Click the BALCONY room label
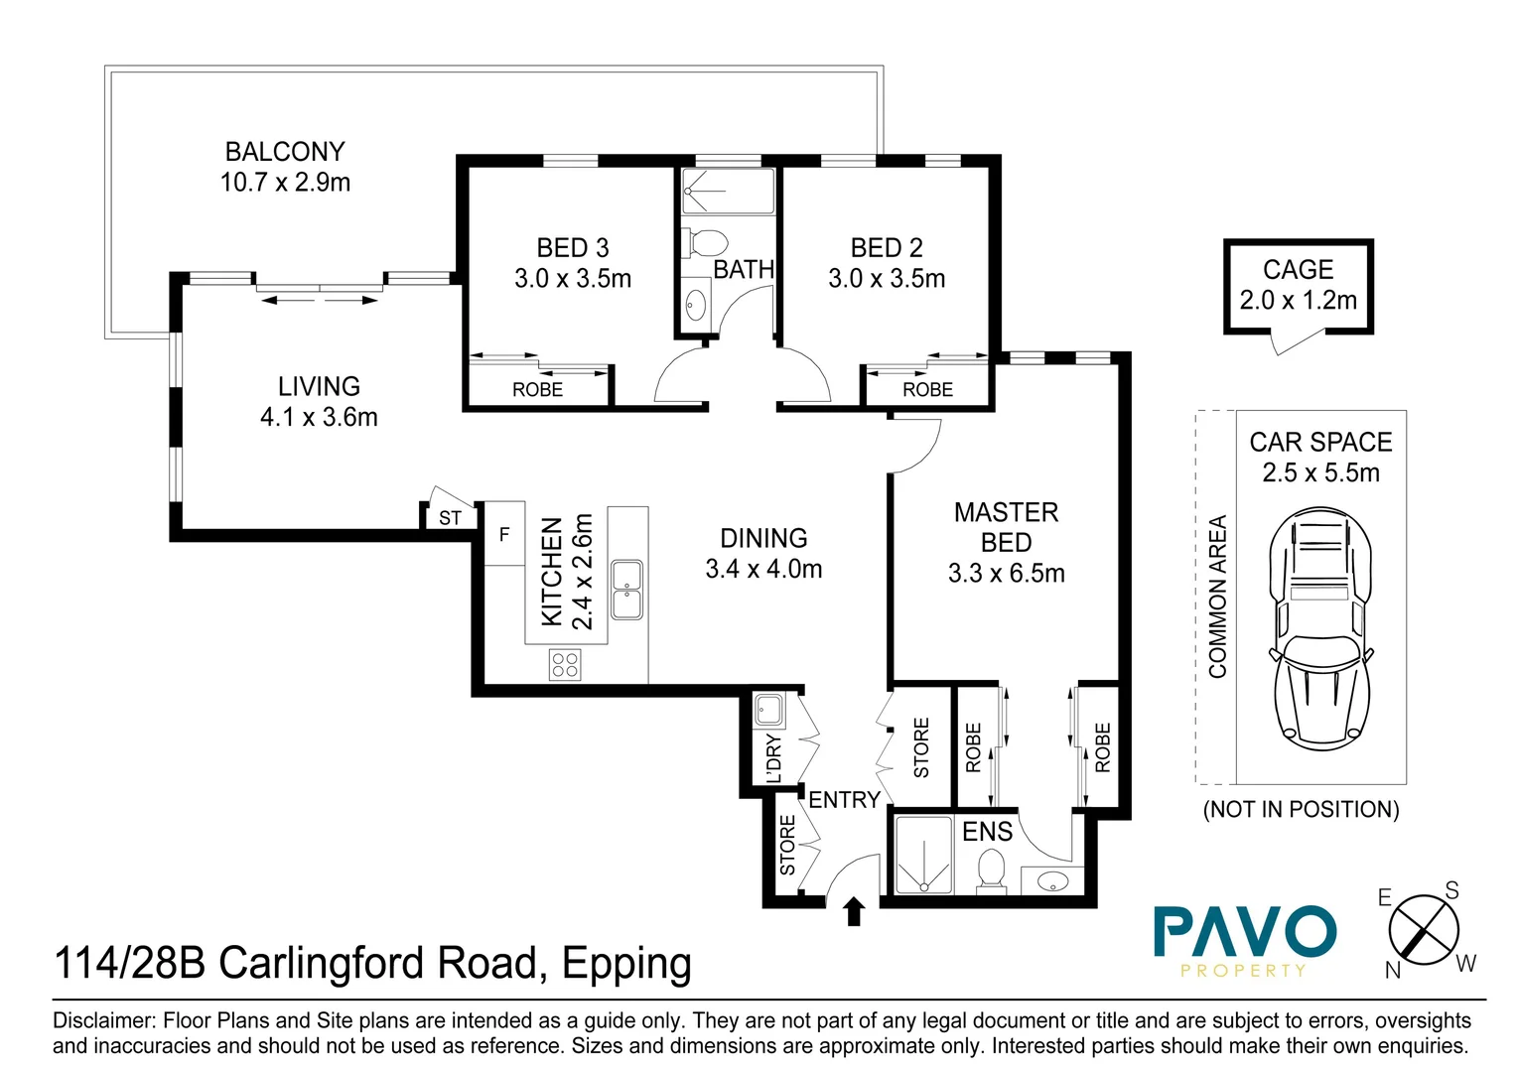[285, 152]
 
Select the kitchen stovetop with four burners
[565, 664]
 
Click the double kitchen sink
[626, 590]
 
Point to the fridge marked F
[504, 534]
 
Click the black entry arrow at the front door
[854, 911]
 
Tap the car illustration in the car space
[1321, 628]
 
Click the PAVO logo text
[1245, 932]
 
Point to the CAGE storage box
[1298, 286]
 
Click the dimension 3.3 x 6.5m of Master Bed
[1006, 574]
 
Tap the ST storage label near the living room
[450, 518]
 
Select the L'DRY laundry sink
[768, 711]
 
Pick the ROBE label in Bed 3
[537, 390]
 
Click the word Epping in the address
[626, 964]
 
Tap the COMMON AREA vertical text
[1217, 597]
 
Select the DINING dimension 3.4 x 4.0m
[763, 569]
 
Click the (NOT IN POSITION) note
[1301, 809]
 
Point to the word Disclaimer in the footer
[103, 1020]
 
